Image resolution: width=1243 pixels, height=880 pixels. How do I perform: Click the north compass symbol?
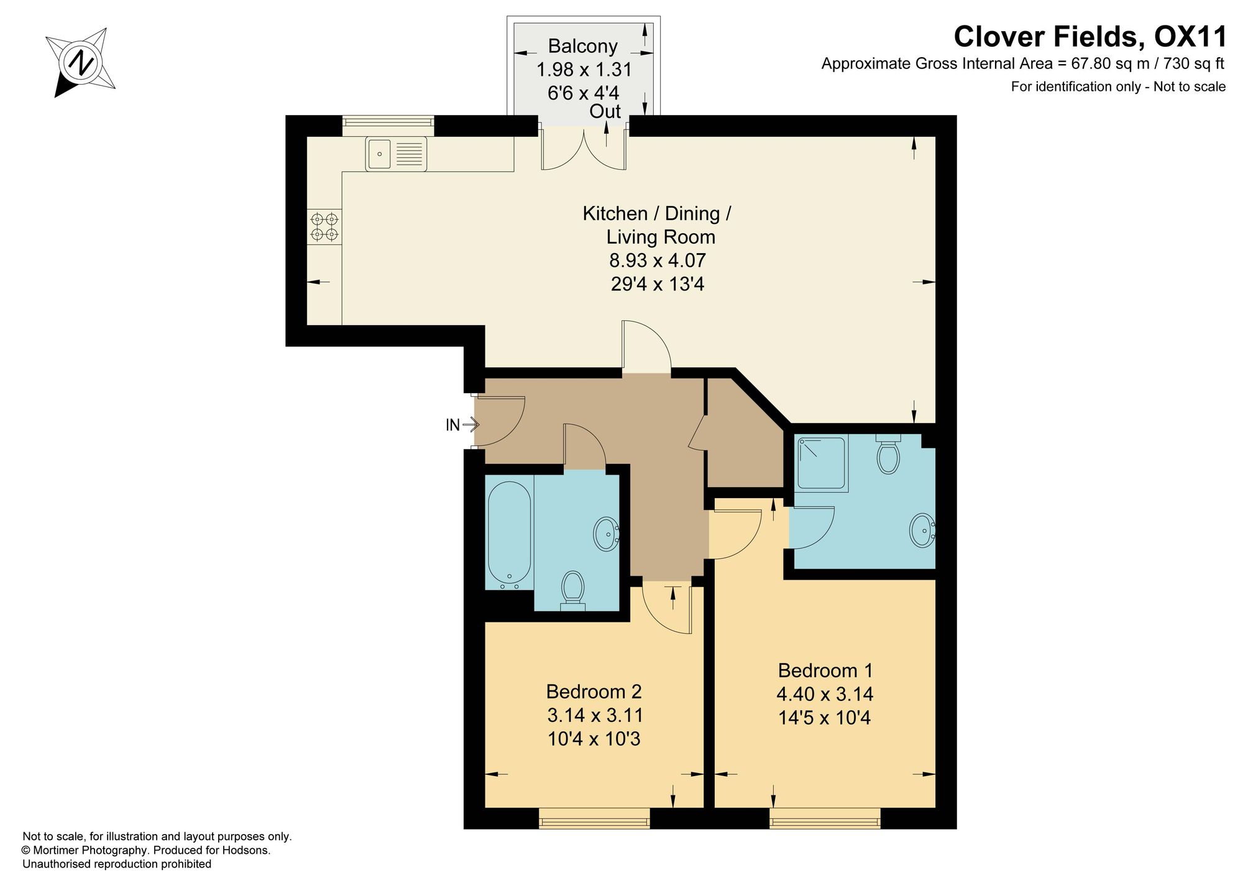click(81, 62)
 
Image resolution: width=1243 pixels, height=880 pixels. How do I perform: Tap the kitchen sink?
click(396, 154)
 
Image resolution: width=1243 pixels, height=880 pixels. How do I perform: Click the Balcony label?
click(583, 47)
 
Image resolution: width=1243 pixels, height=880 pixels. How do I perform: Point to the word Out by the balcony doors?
click(605, 111)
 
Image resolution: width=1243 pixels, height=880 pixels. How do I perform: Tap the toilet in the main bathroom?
click(573, 591)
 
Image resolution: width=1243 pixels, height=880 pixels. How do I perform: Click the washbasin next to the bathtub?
click(606, 534)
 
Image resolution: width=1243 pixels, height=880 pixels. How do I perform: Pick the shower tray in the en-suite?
click(822, 464)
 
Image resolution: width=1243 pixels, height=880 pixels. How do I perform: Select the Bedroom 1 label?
click(825, 670)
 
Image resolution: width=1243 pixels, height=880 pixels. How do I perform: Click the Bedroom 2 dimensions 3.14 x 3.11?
click(595, 715)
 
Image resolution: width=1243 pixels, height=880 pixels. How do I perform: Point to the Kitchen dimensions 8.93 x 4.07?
click(658, 260)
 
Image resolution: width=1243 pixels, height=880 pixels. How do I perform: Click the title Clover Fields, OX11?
click(1090, 36)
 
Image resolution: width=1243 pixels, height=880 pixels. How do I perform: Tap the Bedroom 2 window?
click(594, 818)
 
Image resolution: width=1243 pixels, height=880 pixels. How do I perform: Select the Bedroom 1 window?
click(825, 818)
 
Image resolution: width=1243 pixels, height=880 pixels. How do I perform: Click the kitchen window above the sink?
click(388, 126)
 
